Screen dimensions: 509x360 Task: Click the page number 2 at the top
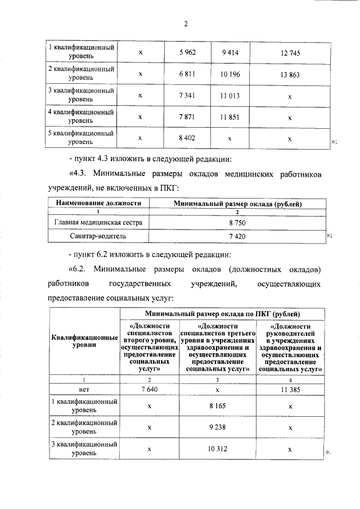tap(185, 23)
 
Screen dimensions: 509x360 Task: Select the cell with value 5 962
tap(187, 52)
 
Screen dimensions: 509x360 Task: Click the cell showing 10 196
tap(231, 74)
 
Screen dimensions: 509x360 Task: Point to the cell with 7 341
tap(187, 96)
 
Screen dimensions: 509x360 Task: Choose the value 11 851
tap(231, 118)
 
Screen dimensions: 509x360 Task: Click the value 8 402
tap(187, 138)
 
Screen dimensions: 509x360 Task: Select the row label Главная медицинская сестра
tap(98, 223)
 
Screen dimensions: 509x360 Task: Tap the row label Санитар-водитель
tap(98, 237)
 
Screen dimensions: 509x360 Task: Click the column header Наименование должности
tap(98, 203)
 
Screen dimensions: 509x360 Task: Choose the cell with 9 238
tap(217, 427)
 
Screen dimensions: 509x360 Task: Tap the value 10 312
tap(217, 449)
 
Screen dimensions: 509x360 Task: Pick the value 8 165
tap(217, 406)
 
